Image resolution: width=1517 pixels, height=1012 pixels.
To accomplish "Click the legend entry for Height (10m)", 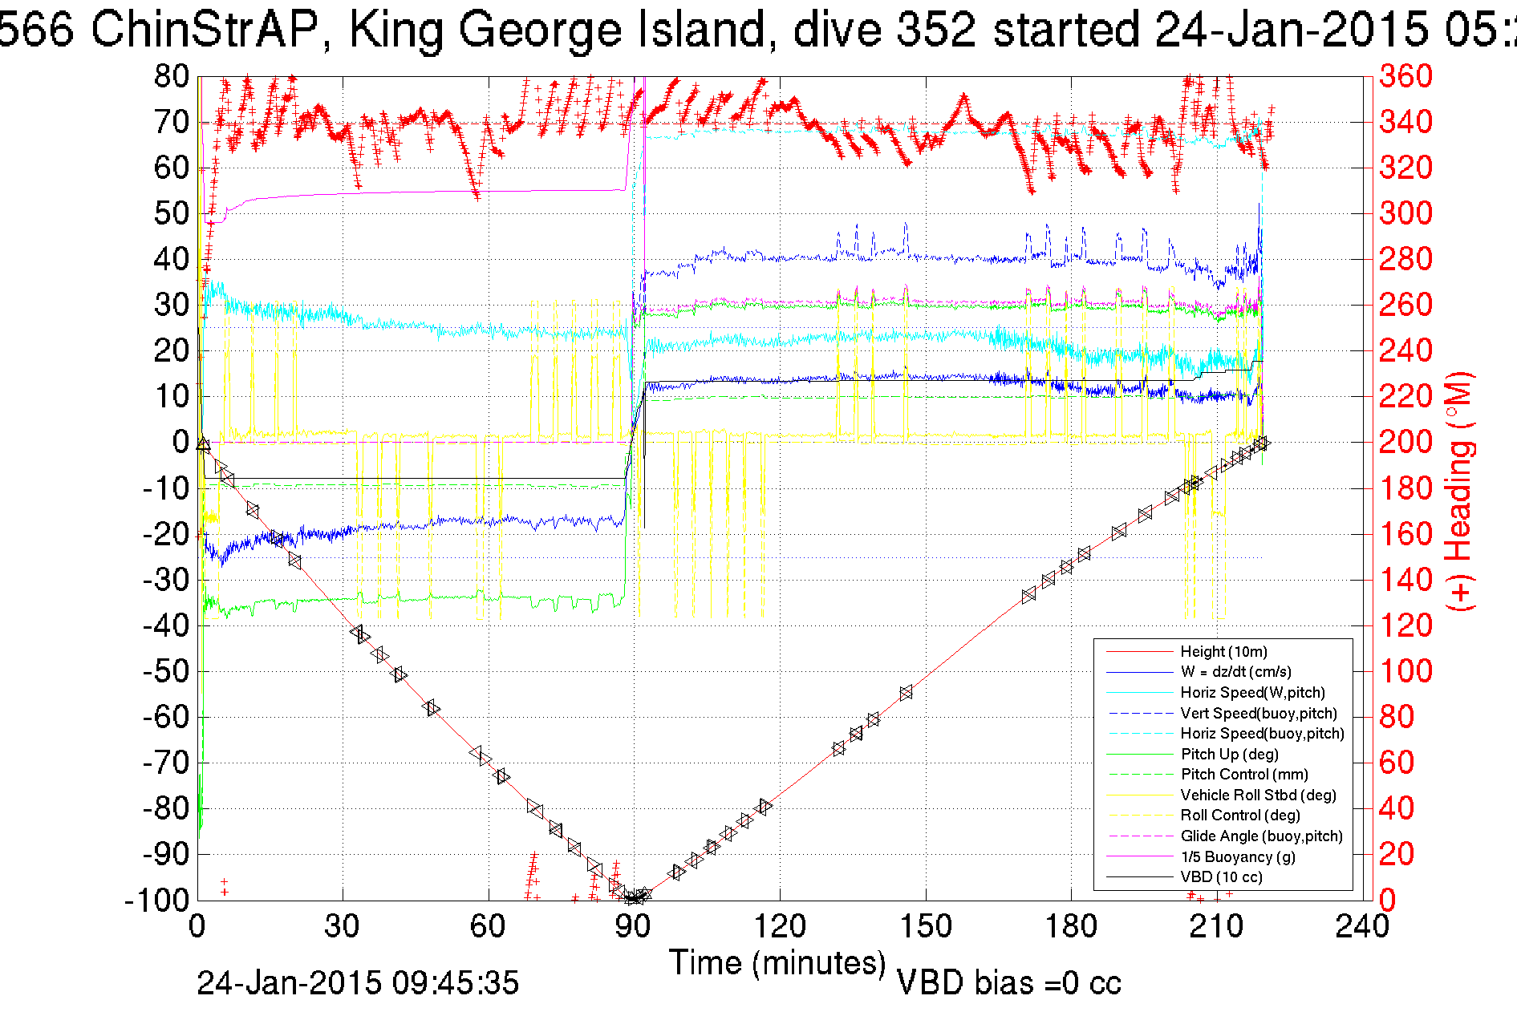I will (x=1223, y=652).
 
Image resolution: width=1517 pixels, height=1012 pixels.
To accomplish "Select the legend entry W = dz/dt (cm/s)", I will (x=1235, y=672).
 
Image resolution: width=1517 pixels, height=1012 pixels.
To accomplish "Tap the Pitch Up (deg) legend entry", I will (x=1229, y=755).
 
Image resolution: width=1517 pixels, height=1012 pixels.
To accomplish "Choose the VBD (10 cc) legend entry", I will (x=1221, y=877).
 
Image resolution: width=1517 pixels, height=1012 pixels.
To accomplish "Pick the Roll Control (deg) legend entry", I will (x=1239, y=816).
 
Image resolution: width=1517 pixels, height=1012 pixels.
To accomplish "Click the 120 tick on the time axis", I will (x=780, y=926).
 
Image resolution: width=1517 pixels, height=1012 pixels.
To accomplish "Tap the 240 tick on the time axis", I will (x=1362, y=926).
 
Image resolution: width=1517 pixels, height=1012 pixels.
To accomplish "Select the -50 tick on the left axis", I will (x=166, y=671).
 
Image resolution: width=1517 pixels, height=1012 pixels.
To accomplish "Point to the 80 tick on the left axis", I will (x=172, y=77).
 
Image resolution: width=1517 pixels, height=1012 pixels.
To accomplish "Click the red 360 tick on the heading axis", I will (x=1405, y=77).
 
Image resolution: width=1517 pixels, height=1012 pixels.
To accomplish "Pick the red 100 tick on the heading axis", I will (x=1405, y=671).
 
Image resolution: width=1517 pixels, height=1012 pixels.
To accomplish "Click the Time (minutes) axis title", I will (x=777, y=963).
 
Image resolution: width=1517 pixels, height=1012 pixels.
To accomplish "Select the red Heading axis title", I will (x=1459, y=491).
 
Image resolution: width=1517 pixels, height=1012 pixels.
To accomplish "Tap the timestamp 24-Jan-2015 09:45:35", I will (x=358, y=983).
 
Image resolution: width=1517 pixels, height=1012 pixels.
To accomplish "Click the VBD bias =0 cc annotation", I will (x=1008, y=983).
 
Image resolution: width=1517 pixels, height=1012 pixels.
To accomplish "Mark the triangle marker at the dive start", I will (x=203, y=444).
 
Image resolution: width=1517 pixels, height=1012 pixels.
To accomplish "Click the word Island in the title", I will (x=706, y=30).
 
